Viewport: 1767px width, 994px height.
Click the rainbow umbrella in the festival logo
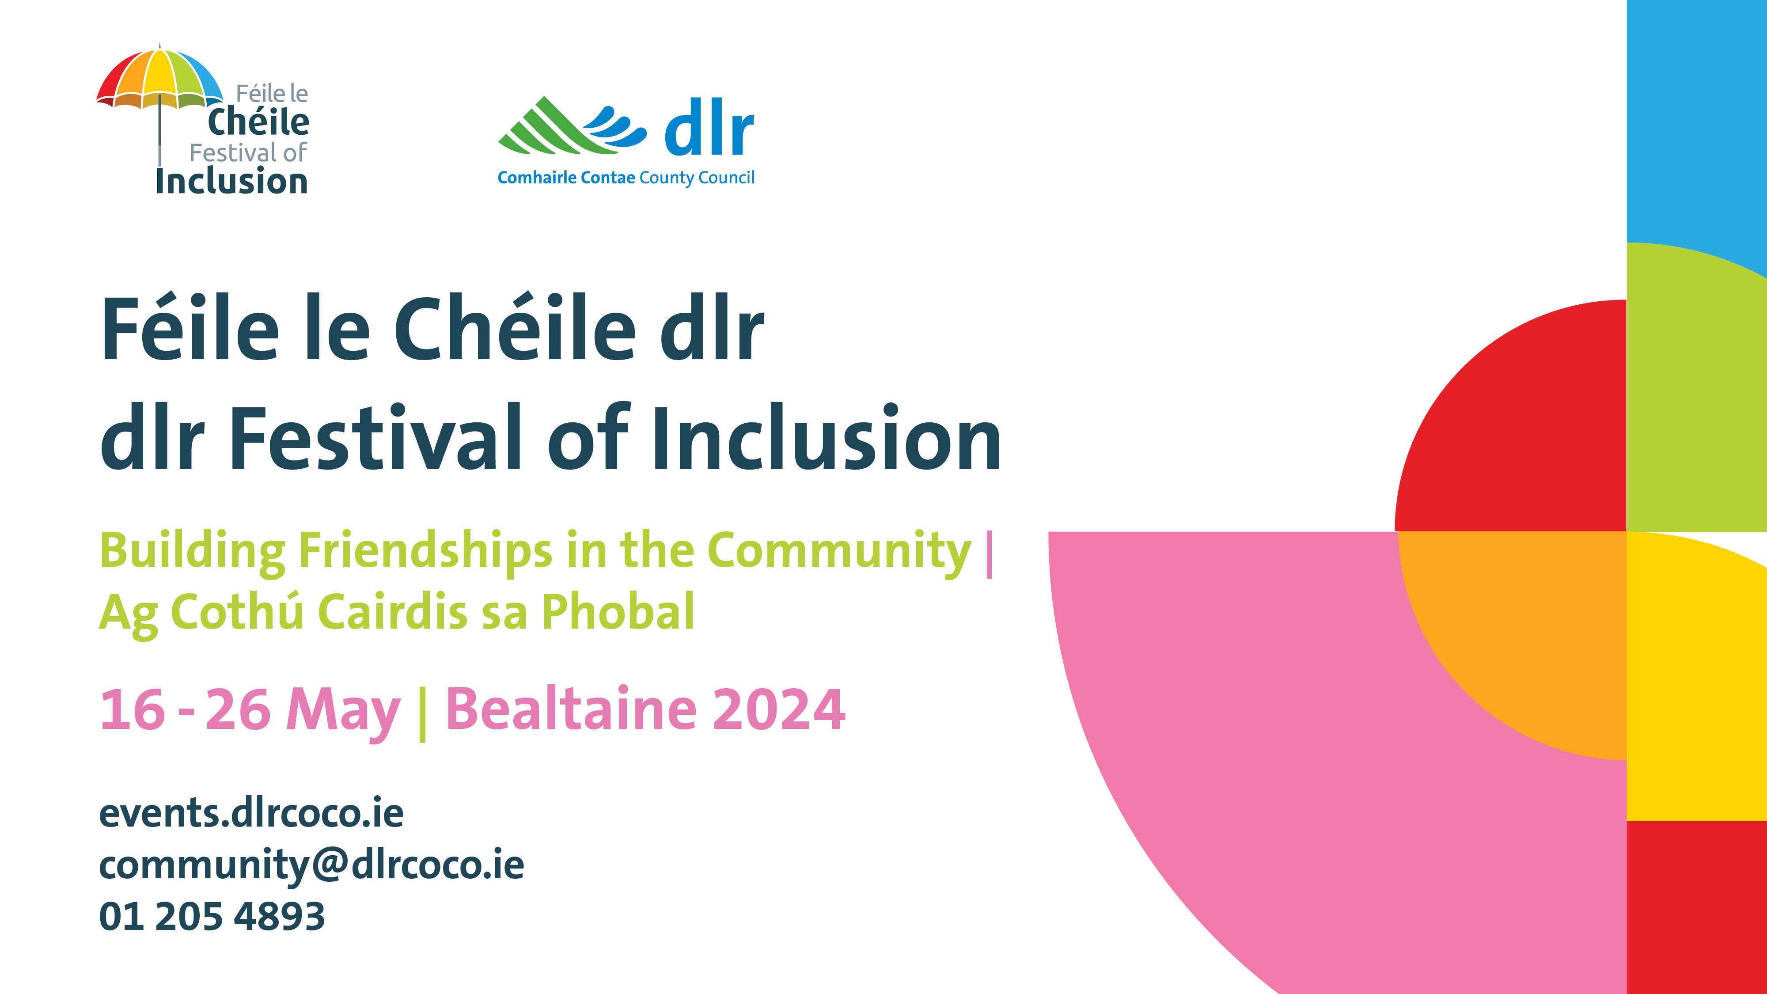160,79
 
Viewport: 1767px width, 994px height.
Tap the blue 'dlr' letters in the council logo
709,128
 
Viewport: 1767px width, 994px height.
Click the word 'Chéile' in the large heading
515,329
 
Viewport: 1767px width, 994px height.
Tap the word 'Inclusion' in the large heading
826,439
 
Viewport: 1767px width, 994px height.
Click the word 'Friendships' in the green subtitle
425,551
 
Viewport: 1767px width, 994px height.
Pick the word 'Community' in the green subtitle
838,551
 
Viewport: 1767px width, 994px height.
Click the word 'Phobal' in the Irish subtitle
618,611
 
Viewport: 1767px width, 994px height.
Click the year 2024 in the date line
778,709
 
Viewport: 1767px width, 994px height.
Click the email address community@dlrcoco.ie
311,865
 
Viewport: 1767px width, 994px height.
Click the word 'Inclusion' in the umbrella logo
231,182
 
